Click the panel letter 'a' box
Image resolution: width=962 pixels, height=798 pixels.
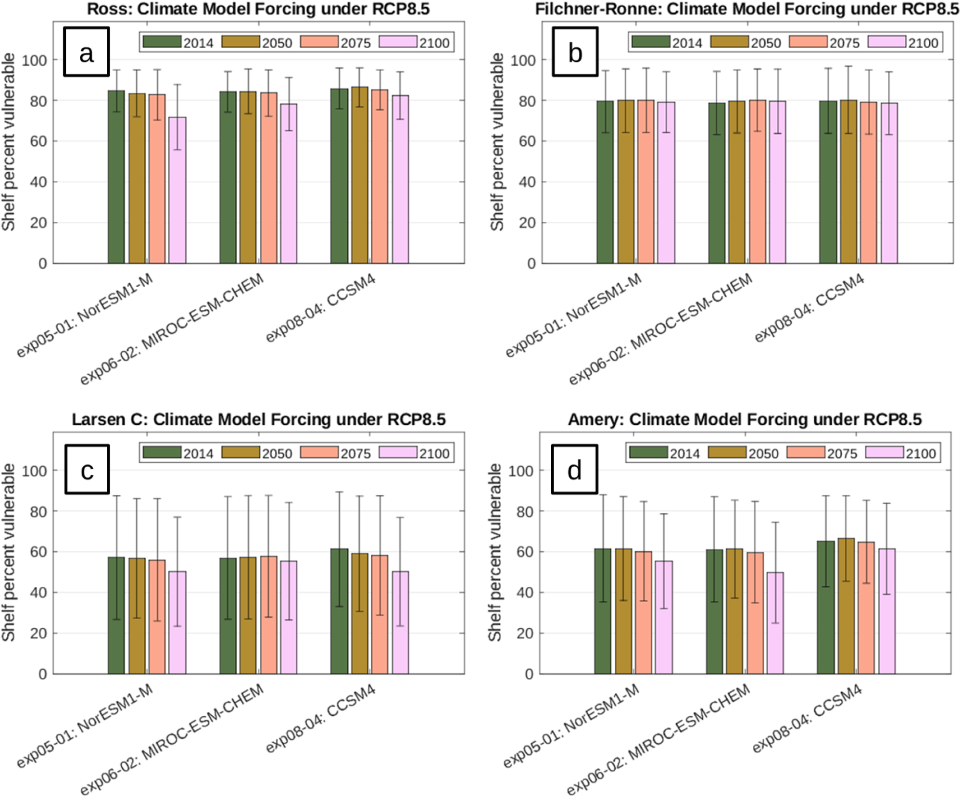(87, 51)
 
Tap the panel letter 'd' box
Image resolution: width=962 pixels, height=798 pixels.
(575, 469)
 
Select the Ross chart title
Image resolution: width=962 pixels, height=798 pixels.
(258, 9)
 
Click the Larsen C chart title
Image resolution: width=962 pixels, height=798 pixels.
(259, 419)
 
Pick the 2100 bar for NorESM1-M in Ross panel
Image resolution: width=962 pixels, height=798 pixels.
(177, 190)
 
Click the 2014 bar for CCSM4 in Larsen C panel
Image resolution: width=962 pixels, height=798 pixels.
(339, 611)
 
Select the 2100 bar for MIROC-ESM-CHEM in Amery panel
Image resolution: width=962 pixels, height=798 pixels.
(775, 623)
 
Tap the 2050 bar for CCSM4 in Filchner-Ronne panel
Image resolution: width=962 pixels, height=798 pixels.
(848, 182)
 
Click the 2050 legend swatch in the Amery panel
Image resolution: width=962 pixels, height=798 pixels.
(727, 452)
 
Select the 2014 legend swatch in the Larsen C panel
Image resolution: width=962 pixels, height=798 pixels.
(162, 452)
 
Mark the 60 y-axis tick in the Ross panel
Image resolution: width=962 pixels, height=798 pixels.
(38, 141)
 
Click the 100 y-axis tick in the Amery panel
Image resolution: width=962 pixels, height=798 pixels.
(521, 471)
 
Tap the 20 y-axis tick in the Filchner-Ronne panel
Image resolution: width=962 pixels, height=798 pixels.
(527, 223)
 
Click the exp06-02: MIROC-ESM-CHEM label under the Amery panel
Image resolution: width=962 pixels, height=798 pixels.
(658, 738)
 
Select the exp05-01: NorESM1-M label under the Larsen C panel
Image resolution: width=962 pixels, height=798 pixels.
(85, 726)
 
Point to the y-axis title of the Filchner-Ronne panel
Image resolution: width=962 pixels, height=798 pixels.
(497, 142)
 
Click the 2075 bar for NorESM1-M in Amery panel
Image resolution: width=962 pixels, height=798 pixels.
(643, 612)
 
